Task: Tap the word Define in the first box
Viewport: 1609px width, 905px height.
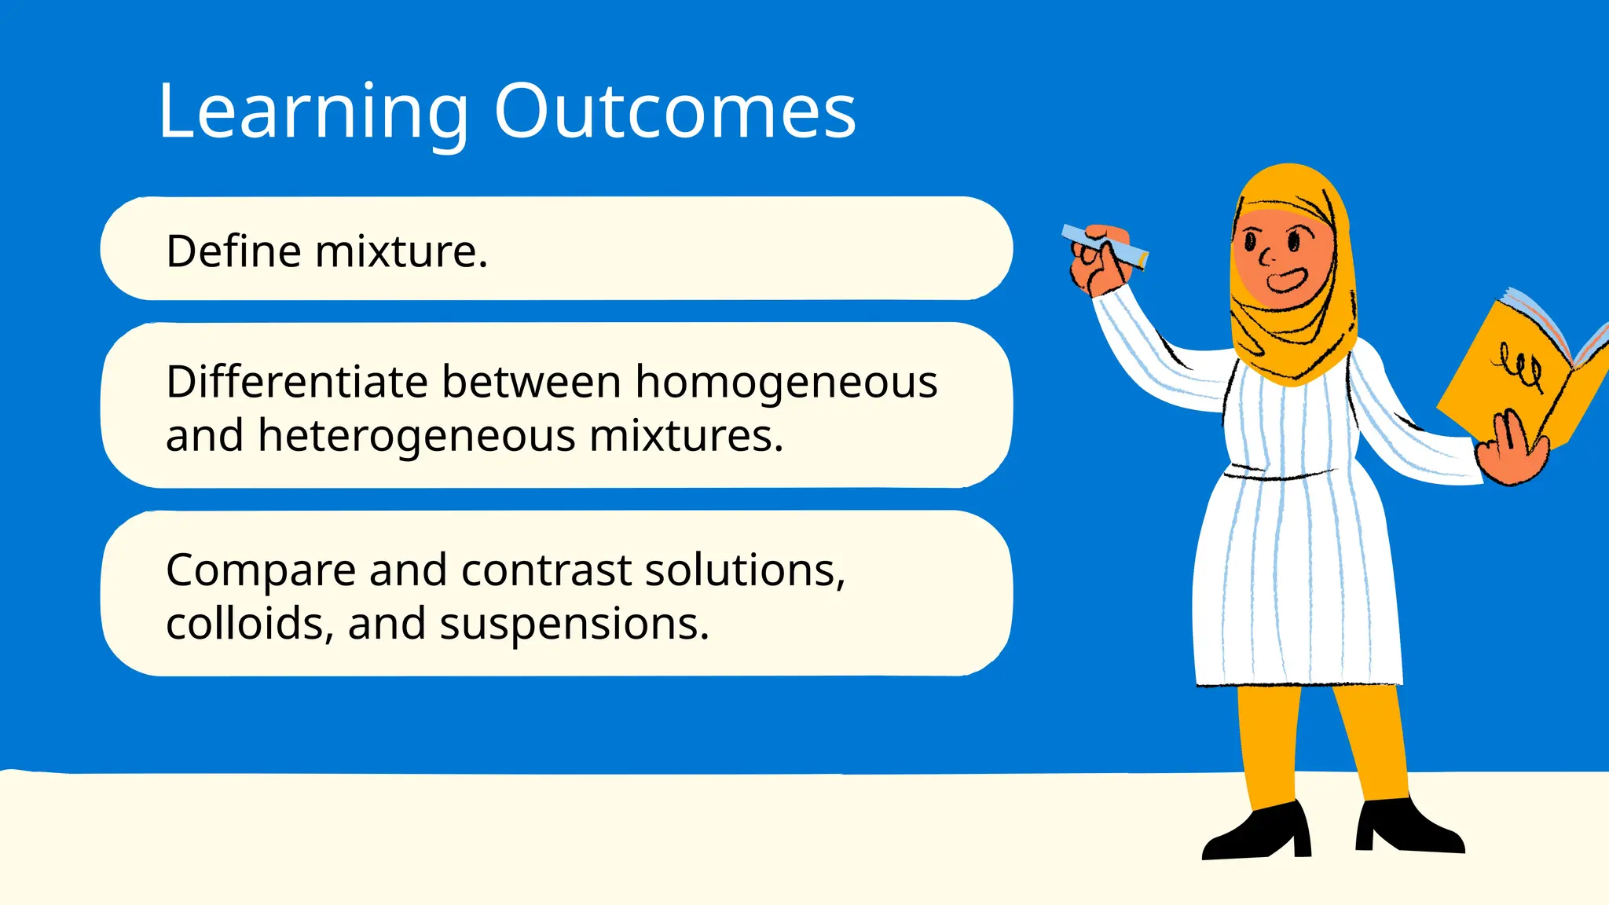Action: (x=233, y=251)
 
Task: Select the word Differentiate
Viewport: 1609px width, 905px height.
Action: (x=296, y=383)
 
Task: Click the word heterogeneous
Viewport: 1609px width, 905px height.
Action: (x=416, y=437)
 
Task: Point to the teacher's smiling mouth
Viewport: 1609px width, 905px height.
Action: (x=1286, y=280)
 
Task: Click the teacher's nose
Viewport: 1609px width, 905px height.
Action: (x=1266, y=256)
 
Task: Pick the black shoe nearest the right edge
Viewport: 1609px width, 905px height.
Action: (x=1406, y=829)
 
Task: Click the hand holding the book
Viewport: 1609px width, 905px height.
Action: (x=1512, y=453)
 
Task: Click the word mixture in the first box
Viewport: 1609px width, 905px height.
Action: (x=401, y=251)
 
